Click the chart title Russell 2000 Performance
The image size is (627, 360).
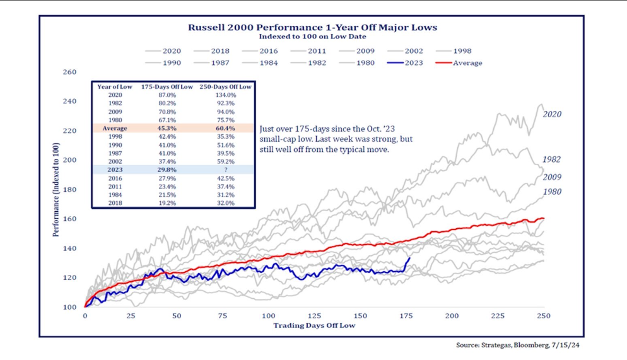[313, 27]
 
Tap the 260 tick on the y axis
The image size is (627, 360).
[69, 72]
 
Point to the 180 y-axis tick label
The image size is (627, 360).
[69, 190]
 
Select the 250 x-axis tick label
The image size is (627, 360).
[544, 315]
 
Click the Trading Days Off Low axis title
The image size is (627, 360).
[314, 325]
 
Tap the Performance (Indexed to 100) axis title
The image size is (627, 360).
[56, 189]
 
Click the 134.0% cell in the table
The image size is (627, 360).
[225, 95]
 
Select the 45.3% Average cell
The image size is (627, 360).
[167, 128]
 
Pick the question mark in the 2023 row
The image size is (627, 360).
[225, 170]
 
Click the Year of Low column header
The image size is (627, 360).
[114, 86]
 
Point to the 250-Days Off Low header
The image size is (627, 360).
[225, 86]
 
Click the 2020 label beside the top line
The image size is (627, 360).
[551, 114]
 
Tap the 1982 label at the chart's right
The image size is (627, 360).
[551, 160]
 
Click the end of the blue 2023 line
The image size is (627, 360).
[410, 258]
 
